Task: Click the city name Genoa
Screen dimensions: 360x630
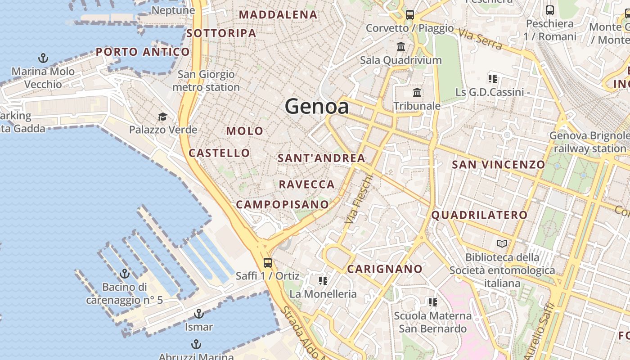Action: click(x=317, y=107)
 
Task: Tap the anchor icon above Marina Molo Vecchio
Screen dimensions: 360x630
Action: click(x=43, y=58)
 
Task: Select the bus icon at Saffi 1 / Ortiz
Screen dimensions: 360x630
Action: click(x=268, y=262)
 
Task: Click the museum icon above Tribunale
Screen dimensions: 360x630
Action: click(x=417, y=93)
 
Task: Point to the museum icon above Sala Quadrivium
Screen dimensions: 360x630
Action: click(x=401, y=46)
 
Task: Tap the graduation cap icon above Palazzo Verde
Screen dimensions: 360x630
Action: click(x=163, y=117)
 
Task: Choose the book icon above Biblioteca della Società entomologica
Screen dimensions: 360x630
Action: click(x=502, y=244)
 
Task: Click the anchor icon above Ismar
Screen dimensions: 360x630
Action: click(x=198, y=314)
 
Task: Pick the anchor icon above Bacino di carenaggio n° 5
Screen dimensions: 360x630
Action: click(x=125, y=274)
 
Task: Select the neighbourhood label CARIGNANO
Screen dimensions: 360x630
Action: click(x=385, y=269)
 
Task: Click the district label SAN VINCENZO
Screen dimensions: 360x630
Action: click(x=498, y=165)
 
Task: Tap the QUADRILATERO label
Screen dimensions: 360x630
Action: click(x=479, y=215)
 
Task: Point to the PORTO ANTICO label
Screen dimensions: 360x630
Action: click(x=143, y=52)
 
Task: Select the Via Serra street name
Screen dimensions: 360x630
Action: click(x=480, y=38)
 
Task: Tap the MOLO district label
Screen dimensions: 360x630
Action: click(x=245, y=131)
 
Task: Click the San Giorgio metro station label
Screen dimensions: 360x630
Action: click(x=206, y=81)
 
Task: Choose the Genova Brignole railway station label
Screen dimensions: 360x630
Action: click(x=589, y=142)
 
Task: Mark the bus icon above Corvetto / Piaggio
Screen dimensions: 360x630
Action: click(x=409, y=14)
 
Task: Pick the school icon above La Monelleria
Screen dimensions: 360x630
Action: click(x=323, y=281)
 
